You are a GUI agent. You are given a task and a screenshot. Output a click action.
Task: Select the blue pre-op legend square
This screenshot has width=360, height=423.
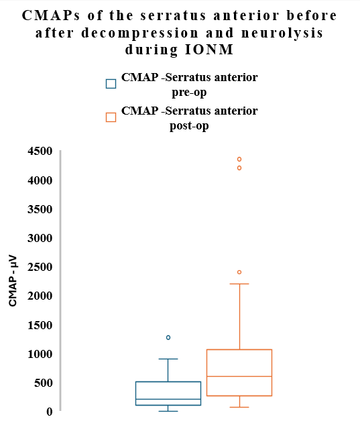pos(111,84)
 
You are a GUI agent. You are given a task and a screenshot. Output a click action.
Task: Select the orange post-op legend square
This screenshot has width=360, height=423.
pos(111,117)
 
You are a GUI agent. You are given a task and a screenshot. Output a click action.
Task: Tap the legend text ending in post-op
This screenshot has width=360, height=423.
pos(189,118)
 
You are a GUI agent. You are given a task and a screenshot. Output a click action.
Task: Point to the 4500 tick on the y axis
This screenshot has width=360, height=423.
pos(40,152)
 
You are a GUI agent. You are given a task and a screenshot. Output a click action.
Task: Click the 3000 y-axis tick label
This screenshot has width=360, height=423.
pos(40,238)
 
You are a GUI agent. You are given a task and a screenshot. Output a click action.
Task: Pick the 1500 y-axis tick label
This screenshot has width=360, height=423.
pos(40,325)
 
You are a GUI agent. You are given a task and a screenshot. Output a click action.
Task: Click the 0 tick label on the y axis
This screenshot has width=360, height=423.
pos(49,412)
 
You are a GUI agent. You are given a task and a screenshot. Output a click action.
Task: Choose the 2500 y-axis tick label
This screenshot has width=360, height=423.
pos(40,267)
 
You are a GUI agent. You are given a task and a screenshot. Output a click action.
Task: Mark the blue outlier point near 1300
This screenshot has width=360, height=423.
pos(168,337)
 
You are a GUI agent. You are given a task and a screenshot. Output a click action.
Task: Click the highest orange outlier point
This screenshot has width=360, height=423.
pos(239,159)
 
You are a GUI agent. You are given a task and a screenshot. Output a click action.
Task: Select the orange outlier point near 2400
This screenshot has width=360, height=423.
pos(239,272)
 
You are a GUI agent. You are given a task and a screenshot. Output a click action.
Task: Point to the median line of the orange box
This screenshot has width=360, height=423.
pos(239,376)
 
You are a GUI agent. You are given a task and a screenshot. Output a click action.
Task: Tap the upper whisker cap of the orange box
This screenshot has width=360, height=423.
pos(239,284)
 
